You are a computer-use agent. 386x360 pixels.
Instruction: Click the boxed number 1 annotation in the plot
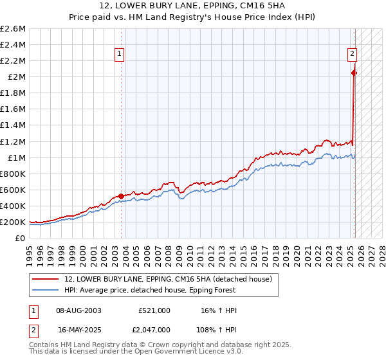(x=121, y=55)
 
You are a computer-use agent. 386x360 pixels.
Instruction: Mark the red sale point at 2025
(x=354, y=73)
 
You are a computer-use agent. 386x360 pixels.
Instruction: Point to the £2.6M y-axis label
(x=13, y=29)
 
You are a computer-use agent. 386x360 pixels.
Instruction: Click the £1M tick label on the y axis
(x=15, y=157)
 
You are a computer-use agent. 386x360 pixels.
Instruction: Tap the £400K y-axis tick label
(x=13, y=206)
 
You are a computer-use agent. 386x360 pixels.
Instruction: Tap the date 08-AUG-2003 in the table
(x=78, y=310)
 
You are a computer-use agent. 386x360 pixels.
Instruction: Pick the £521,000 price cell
(x=154, y=310)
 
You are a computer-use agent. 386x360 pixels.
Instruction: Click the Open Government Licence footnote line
(x=136, y=351)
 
